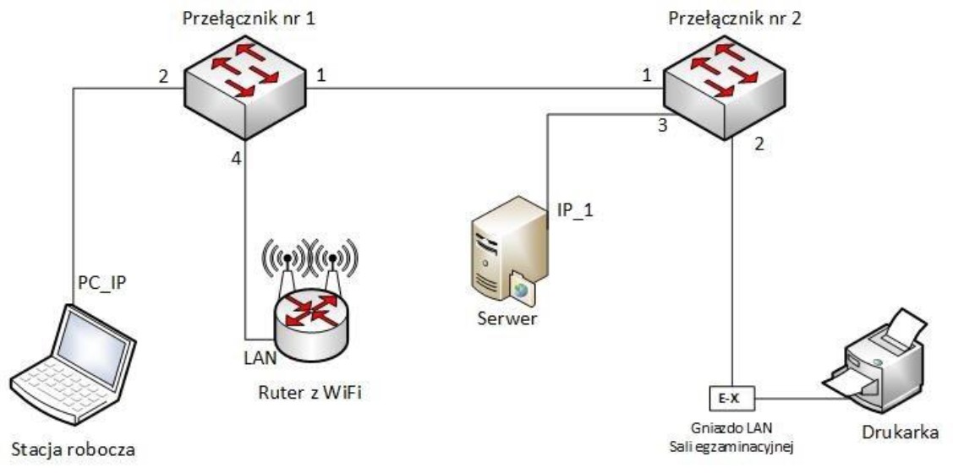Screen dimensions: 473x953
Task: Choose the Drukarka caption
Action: tap(892, 433)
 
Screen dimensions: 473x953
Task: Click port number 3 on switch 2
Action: tap(664, 128)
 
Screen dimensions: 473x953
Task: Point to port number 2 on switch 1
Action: tap(163, 74)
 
